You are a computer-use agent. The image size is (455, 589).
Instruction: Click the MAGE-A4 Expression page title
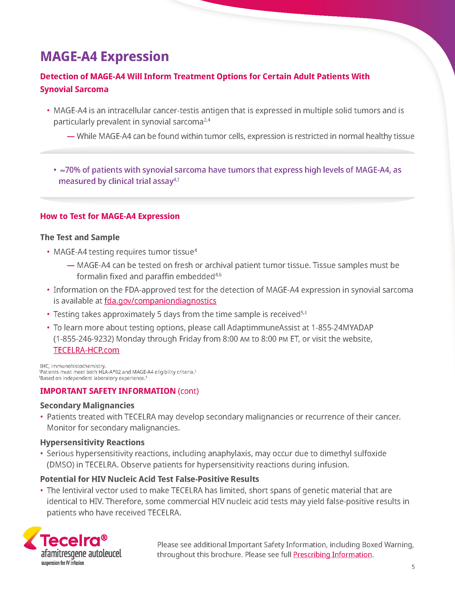[x=104, y=56]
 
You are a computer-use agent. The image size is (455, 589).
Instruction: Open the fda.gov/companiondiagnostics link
[x=160, y=301]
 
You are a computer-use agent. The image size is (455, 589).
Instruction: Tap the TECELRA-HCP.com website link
[x=86, y=350]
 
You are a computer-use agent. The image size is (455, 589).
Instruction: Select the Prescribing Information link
[x=332, y=554]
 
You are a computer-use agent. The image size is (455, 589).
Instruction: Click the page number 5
[x=413, y=567]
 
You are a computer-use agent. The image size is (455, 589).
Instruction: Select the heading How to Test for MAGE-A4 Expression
[x=110, y=216]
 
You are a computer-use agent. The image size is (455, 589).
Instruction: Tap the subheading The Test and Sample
[x=80, y=237]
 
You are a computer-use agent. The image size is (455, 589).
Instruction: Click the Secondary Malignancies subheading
[x=87, y=405]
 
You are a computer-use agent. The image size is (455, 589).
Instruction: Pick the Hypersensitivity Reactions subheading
[x=92, y=442]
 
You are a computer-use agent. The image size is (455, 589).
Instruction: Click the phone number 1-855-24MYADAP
[x=342, y=327]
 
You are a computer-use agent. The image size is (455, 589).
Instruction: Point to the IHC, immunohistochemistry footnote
[x=73, y=366]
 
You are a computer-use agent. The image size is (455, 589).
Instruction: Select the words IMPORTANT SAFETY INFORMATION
[x=108, y=391]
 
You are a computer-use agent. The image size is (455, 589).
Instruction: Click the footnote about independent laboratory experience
[x=93, y=378]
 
